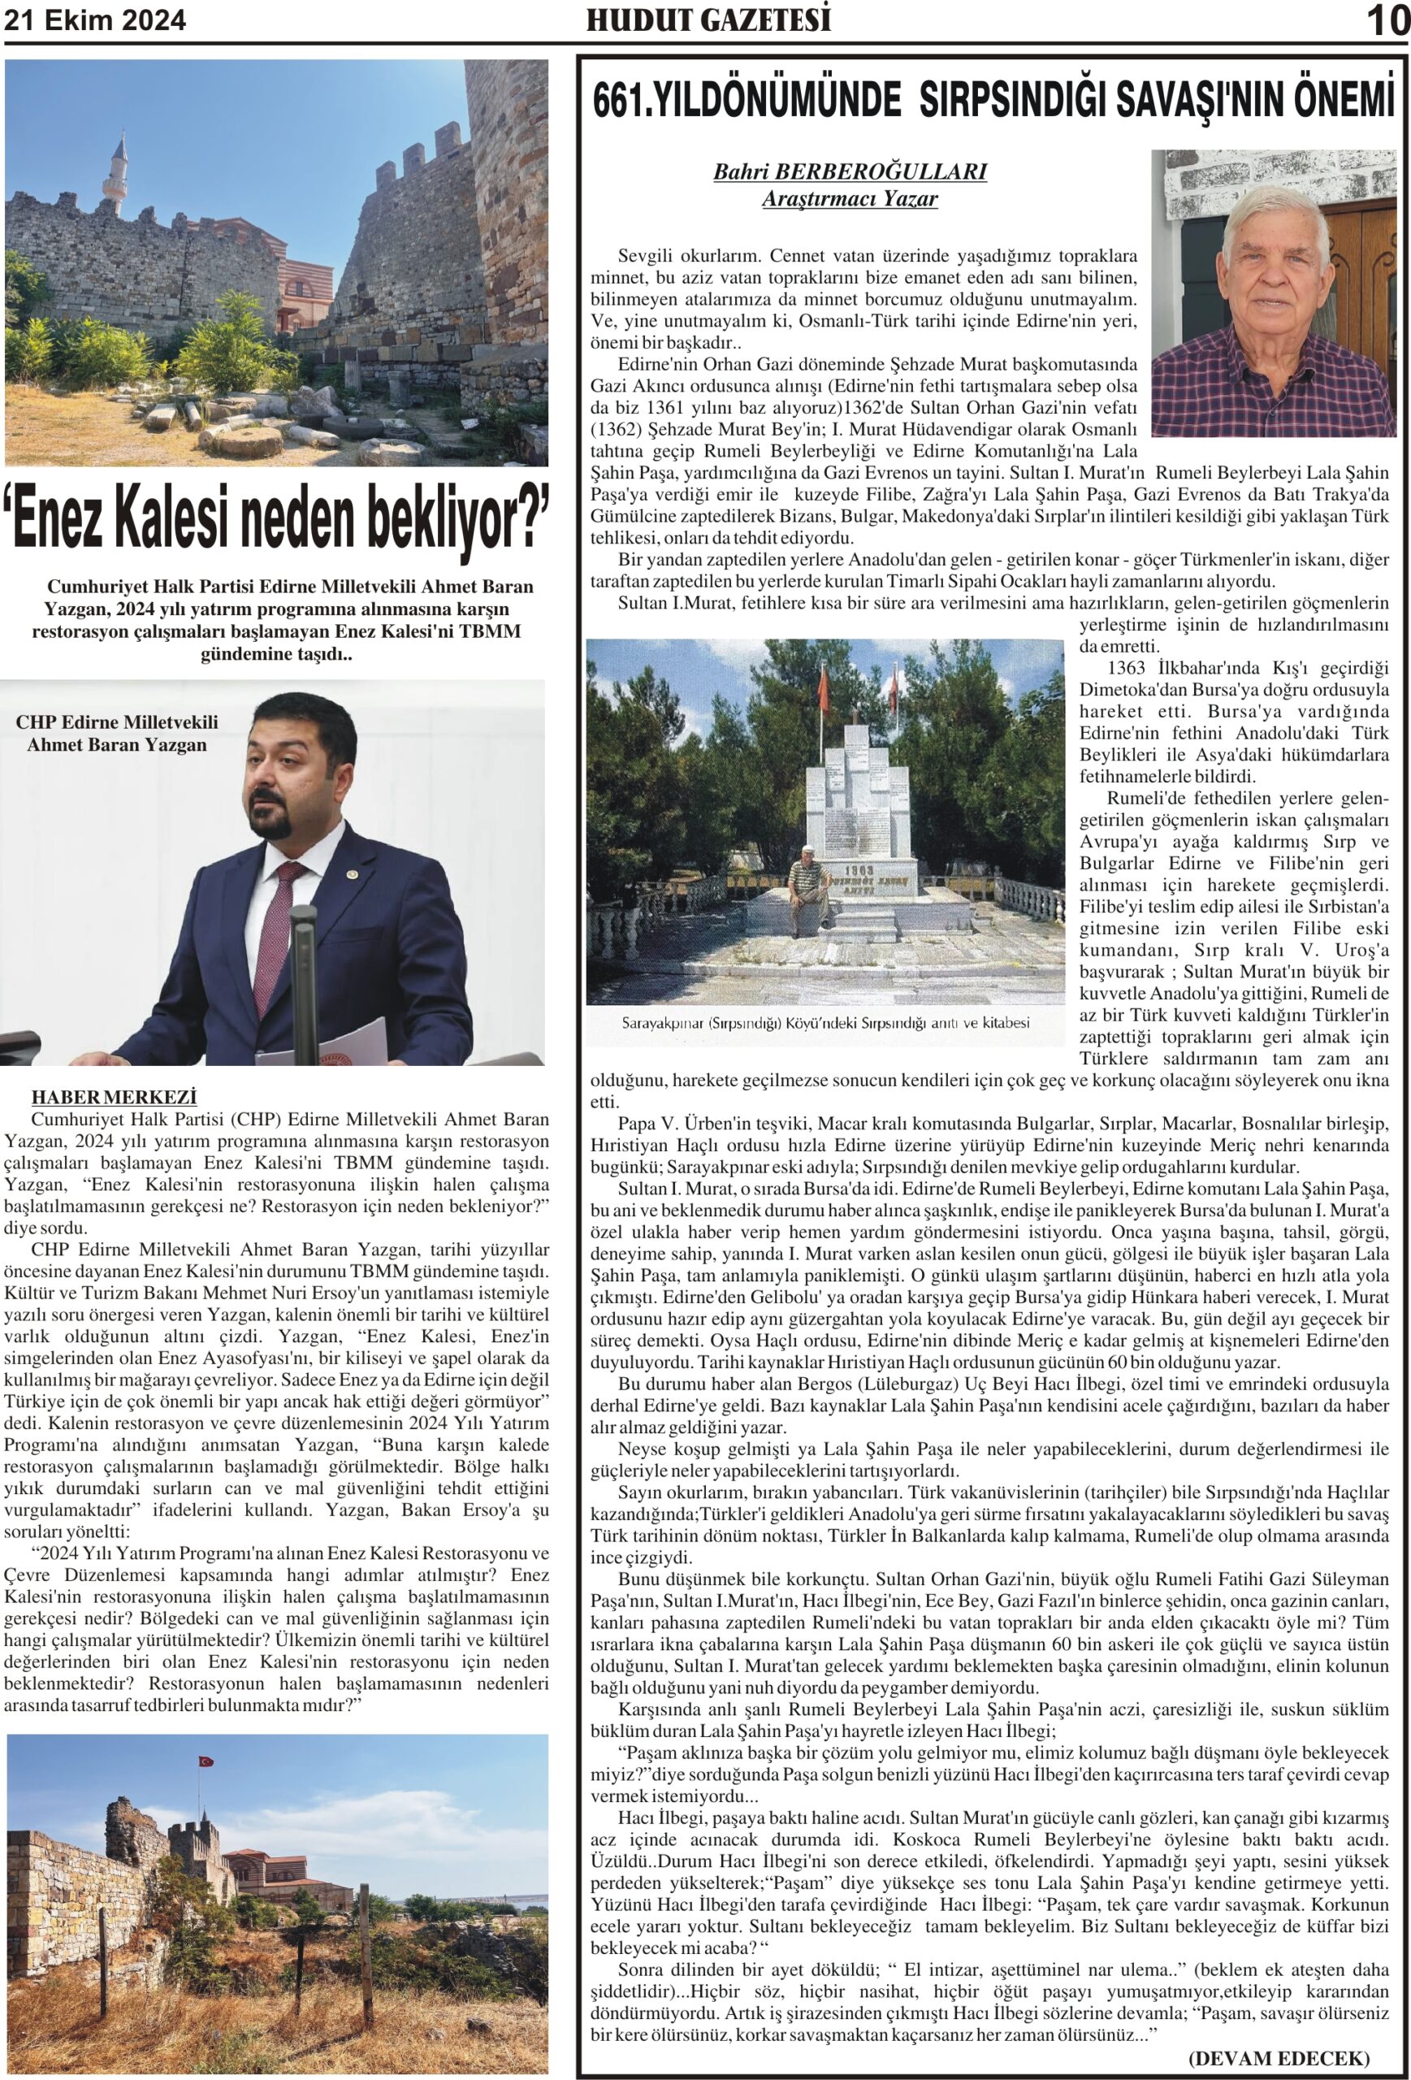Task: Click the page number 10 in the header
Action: tap(1387, 21)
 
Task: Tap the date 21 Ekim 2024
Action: tap(96, 20)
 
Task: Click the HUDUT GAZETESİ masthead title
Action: tap(708, 19)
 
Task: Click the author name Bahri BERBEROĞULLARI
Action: tap(849, 171)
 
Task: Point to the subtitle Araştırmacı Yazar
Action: tap(849, 199)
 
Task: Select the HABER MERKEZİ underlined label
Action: tap(114, 1096)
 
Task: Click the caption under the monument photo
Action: tap(825, 1022)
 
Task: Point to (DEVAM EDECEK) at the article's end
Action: tap(1279, 2056)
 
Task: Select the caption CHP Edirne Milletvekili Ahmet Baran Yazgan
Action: tap(117, 733)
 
